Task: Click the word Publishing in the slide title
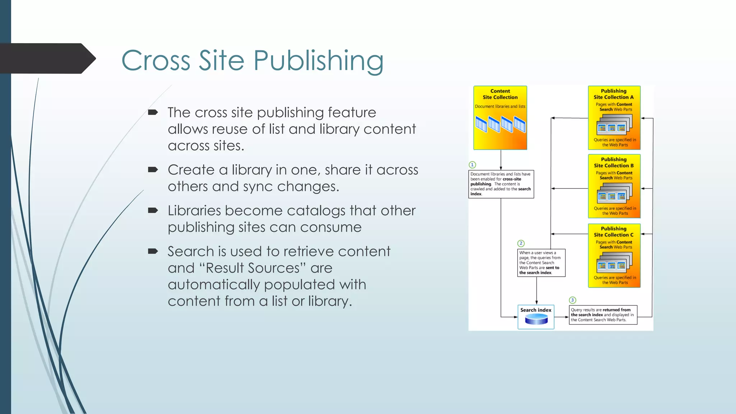click(318, 60)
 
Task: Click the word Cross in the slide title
click(156, 60)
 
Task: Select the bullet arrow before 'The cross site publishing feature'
click(153, 112)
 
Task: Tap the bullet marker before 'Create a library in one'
click(153, 170)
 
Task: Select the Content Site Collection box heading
click(500, 94)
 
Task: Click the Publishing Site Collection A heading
click(613, 94)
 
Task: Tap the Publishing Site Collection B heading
click(613, 162)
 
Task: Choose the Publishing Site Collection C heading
click(613, 232)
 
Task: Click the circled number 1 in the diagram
click(472, 165)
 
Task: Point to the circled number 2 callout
click(521, 243)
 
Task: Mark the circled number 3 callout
click(572, 300)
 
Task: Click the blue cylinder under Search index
click(536, 319)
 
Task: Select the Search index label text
click(536, 310)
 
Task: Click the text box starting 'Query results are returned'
click(603, 315)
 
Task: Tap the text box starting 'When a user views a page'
click(541, 263)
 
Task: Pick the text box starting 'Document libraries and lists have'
click(501, 184)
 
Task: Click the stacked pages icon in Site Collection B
click(614, 193)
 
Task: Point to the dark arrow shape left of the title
click(47, 58)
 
